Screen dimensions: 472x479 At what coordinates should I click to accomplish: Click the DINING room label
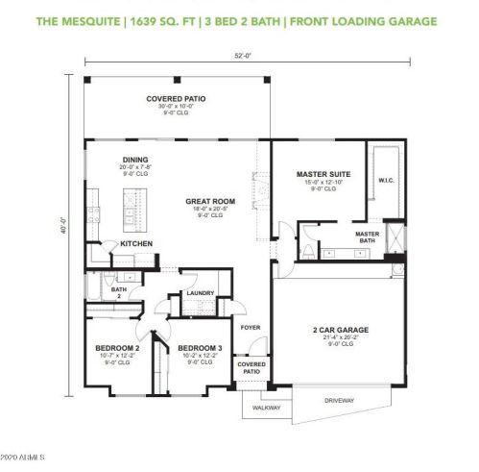[x=135, y=160]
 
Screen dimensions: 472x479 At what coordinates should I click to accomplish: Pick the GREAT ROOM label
[x=210, y=202]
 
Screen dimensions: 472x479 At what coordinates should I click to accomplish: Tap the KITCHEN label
[x=135, y=244]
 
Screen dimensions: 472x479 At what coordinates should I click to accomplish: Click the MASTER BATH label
[x=368, y=237]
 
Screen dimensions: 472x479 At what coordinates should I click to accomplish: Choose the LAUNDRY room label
[x=200, y=292]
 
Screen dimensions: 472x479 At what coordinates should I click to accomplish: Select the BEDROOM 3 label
[x=200, y=348]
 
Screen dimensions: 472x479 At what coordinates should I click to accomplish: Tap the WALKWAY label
[x=266, y=407]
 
